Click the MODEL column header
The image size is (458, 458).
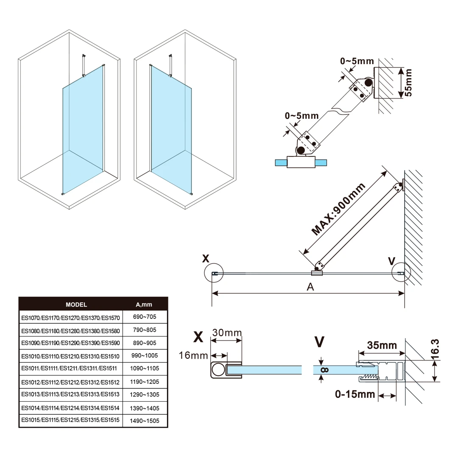[x=76, y=304]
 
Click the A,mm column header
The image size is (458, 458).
[x=144, y=304]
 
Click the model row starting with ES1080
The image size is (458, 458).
[x=71, y=330]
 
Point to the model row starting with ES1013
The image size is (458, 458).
[x=71, y=394]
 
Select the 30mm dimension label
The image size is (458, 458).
[x=227, y=332]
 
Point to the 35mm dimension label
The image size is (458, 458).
[x=382, y=345]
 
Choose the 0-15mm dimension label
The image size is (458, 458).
[x=355, y=395]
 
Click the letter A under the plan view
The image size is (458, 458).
[x=310, y=287]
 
